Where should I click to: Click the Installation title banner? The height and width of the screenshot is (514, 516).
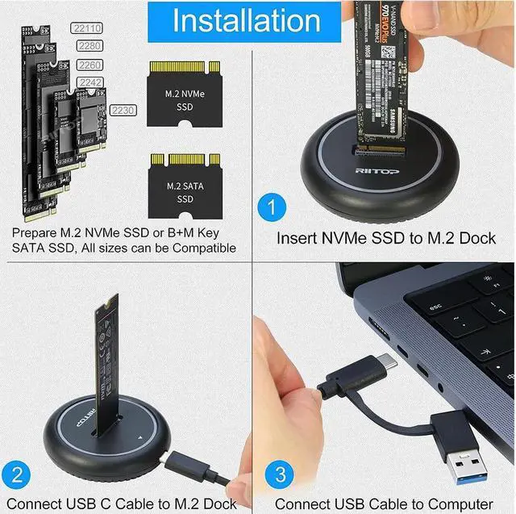coord(247,20)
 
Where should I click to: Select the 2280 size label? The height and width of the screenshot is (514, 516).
coord(89,46)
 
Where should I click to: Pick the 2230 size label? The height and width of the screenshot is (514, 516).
coord(123,109)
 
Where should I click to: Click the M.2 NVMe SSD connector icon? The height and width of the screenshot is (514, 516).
coord(185,95)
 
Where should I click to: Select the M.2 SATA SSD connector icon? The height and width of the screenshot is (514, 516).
coord(185,182)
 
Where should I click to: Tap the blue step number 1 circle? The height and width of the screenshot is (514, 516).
coord(272,208)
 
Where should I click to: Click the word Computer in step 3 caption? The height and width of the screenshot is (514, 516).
coord(456,504)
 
